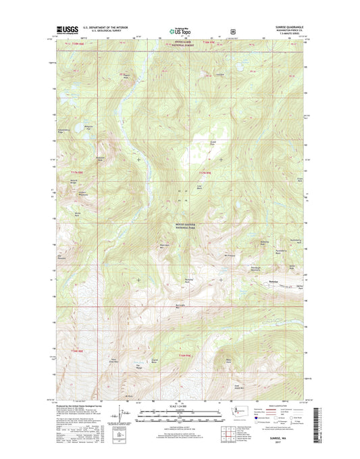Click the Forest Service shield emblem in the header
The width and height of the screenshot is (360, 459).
(x=233, y=31)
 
